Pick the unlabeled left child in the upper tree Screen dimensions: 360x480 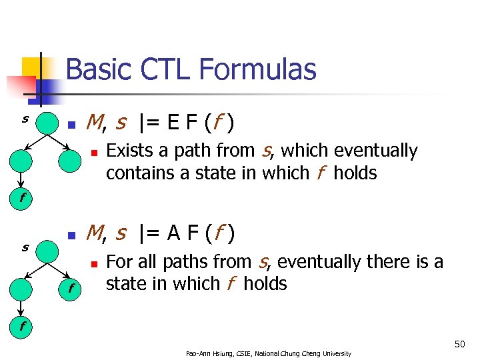point(22,160)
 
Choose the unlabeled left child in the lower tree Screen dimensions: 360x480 point(22,288)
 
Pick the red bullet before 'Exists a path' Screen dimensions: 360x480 point(95,153)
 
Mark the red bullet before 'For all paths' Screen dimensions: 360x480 point(95,263)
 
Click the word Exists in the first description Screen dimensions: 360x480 point(129,151)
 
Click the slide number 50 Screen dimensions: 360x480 point(459,345)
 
